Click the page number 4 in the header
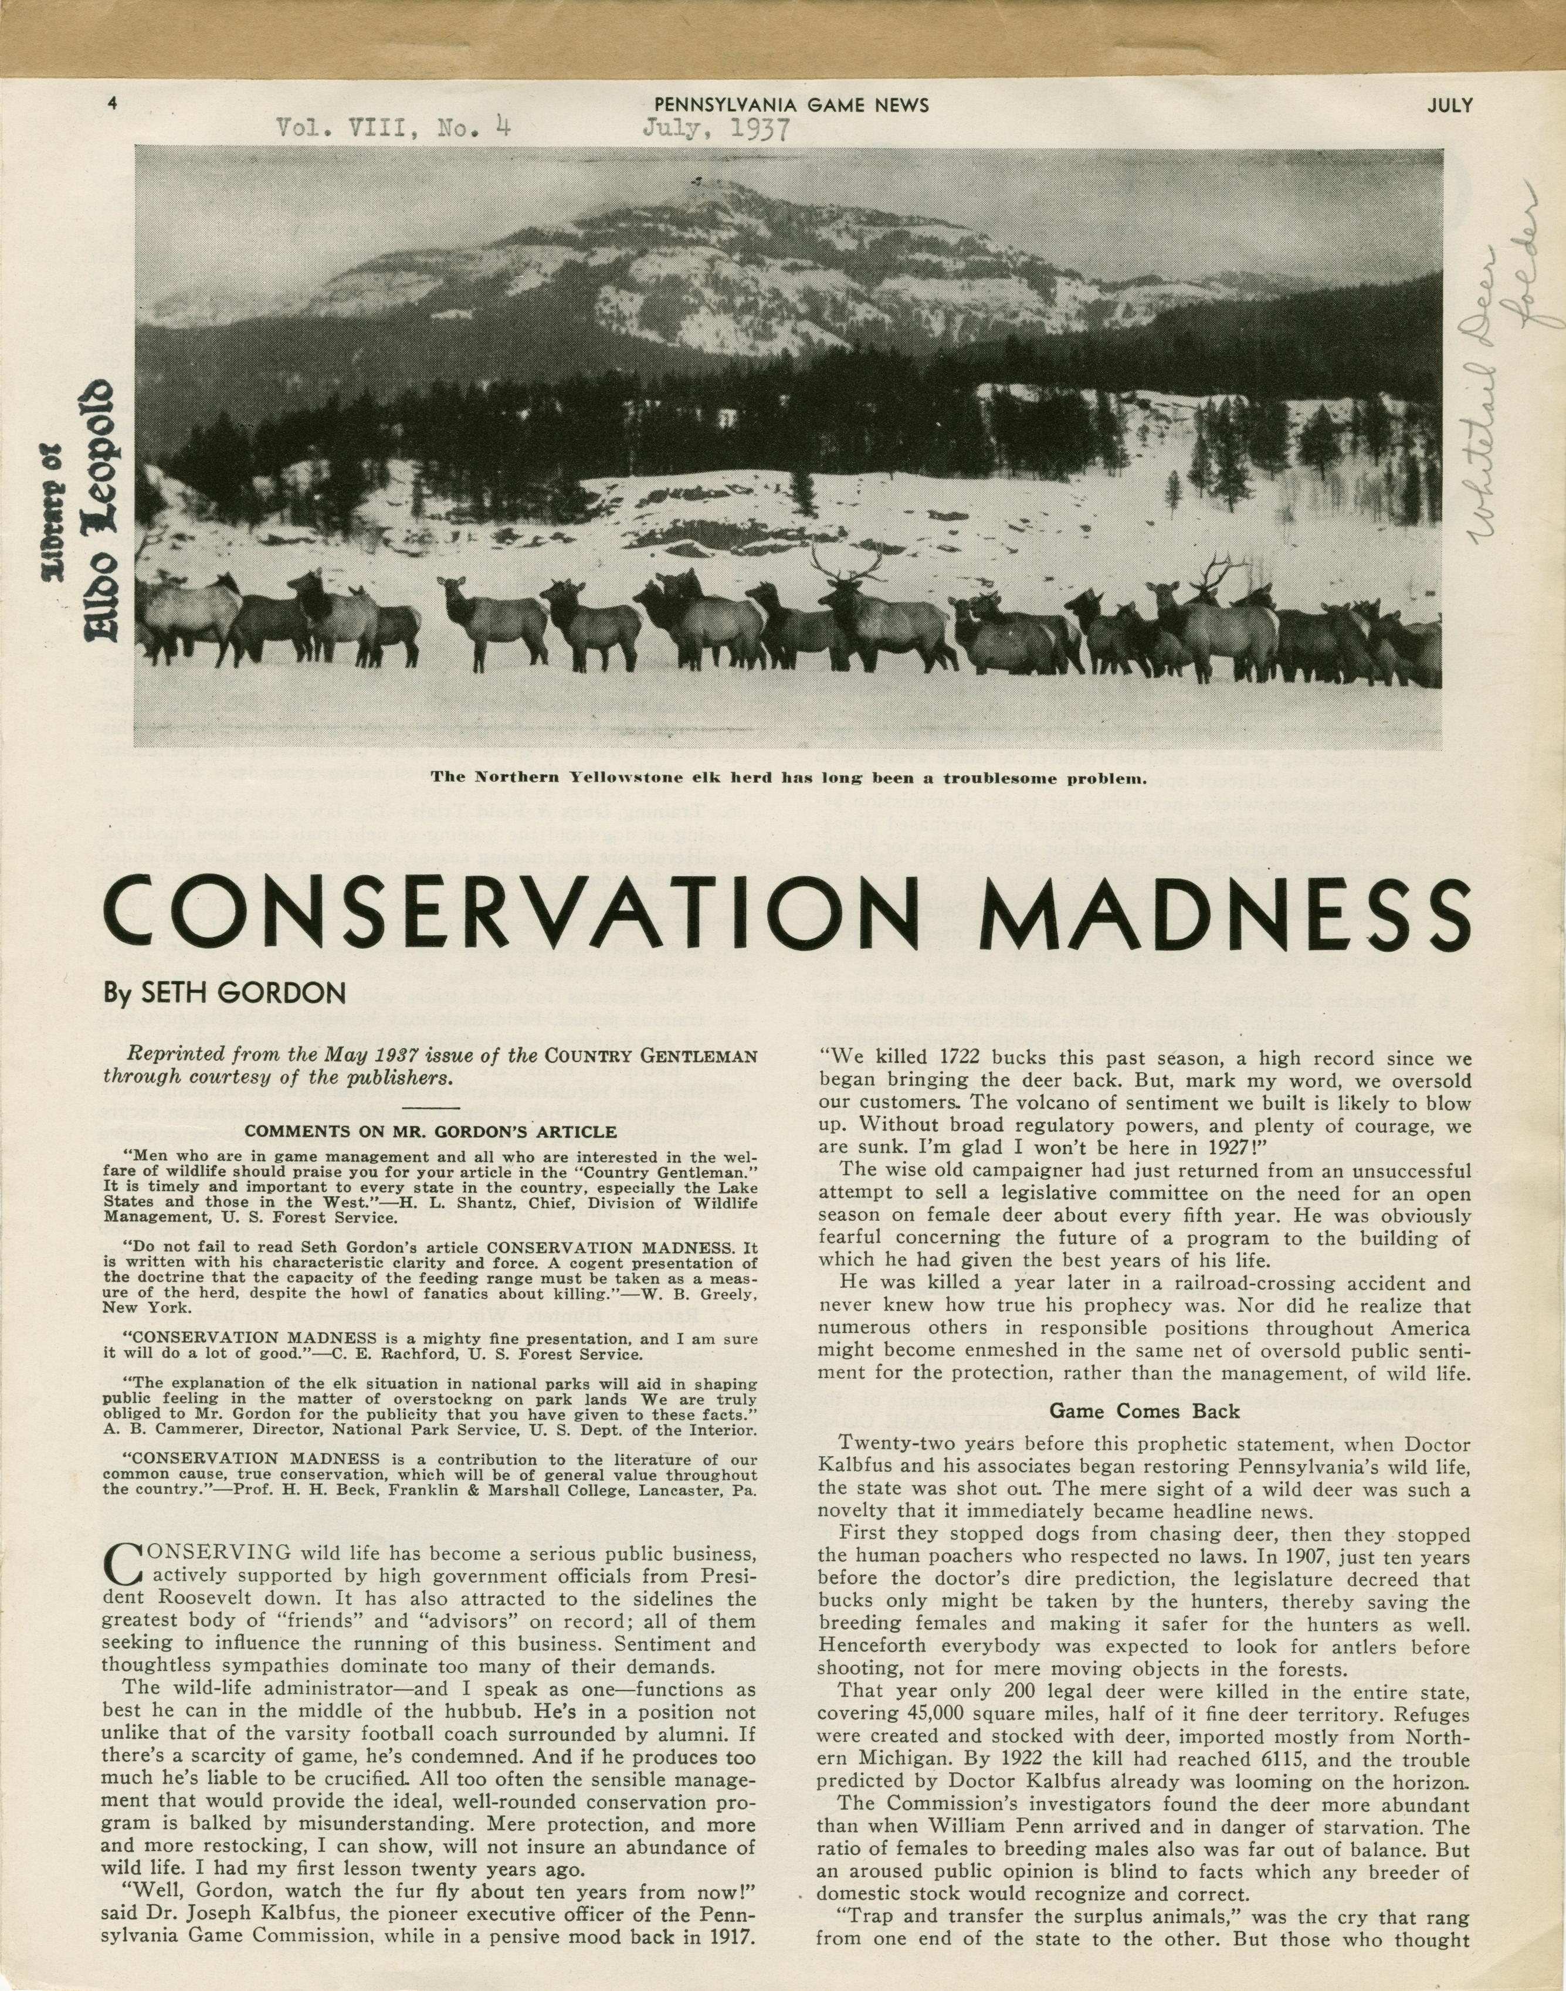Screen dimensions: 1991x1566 click(111, 104)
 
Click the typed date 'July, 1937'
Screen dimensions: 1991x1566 click(715, 128)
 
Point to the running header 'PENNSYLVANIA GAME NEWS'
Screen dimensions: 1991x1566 click(791, 104)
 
